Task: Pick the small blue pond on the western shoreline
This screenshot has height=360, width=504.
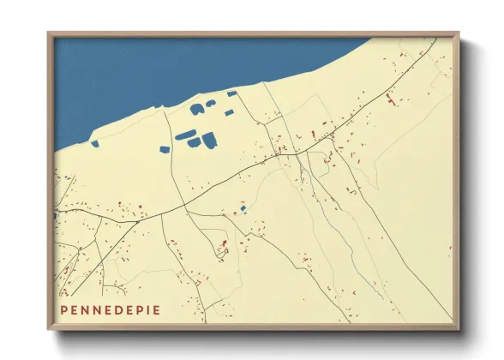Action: click(x=95, y=142)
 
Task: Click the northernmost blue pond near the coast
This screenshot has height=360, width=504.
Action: click(x=231, y=93)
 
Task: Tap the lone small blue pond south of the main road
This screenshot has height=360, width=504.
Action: click(x=243, y=208)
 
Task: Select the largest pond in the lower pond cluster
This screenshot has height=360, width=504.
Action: click(x=209, y=139)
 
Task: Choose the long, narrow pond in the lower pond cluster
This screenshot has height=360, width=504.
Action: click(x=183, y=134)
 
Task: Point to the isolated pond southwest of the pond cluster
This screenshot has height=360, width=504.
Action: click(x=165, y=149)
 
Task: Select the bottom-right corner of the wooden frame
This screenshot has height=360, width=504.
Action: click(x=459, y=330)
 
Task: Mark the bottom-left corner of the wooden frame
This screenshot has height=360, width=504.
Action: click(x=49, y=330)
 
